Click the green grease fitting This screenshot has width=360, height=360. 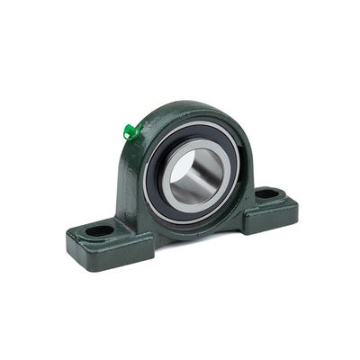click(131, 132)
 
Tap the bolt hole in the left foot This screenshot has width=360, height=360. click(100, 230)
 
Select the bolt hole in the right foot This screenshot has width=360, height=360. click(267, 193)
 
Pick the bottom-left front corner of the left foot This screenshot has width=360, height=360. click(72, 255)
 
